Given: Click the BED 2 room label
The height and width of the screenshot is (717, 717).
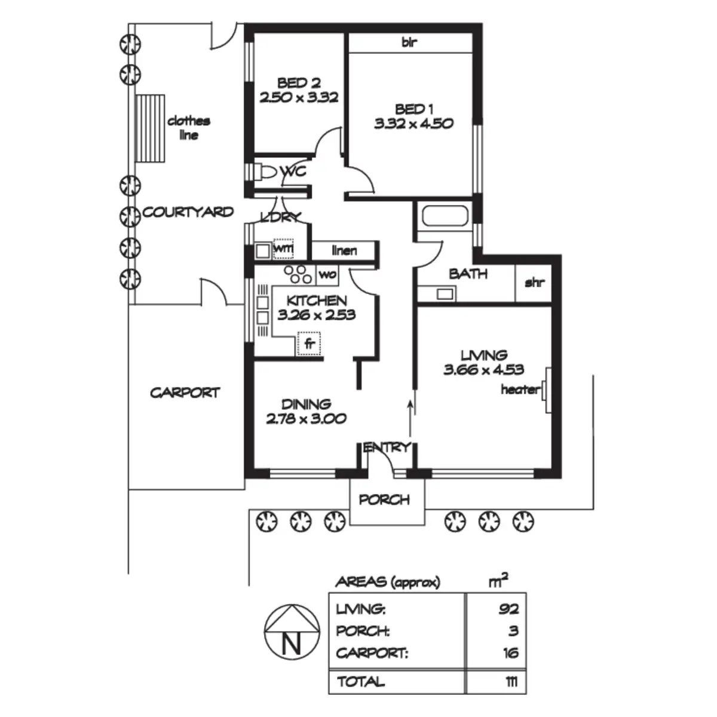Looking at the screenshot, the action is pos(299,82).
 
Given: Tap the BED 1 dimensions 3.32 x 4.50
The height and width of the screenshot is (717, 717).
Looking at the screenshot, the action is pos(414,124).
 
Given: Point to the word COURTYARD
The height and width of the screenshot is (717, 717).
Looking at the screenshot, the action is pos(188,212).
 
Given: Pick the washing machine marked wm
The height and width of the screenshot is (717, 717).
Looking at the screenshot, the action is pos(283,248).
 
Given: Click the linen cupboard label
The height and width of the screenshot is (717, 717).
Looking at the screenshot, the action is pos(344,250).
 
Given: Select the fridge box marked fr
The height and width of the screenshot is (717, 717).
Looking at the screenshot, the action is pos(310,344).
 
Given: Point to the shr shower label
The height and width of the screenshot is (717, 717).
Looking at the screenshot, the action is pos(534,283).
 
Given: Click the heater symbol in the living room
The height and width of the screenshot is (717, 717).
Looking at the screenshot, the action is pos(546,390).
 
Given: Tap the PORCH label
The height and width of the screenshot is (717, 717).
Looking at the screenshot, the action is pos(385,500).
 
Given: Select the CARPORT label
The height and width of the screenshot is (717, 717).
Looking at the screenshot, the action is pos(185,393).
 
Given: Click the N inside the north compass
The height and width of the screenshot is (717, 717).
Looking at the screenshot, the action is pos(291,645).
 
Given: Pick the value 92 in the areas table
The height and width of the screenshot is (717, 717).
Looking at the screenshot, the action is pos(508,609).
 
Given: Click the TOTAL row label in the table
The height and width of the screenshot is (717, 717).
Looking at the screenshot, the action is pos(361,681).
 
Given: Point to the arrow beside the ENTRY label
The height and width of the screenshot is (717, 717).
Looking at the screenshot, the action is pos(410,418).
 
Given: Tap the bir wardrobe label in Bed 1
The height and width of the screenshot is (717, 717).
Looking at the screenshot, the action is pos(409,42).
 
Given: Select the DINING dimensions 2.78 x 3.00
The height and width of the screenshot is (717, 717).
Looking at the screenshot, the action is pos(306,419).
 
